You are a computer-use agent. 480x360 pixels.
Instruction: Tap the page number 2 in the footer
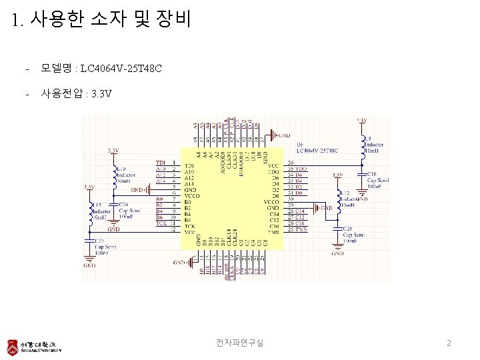pos(449,343)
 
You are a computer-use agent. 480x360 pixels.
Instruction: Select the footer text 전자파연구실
pos(239,343)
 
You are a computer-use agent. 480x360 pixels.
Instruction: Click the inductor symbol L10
pos(114,175)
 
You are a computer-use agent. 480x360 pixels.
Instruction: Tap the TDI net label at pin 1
pos(160,163)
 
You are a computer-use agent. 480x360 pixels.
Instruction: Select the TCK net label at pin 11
pos(161,223)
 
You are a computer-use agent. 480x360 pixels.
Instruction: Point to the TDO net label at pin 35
pos(300,169)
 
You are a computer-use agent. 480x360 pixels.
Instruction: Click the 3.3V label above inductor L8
pos(361,120)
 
